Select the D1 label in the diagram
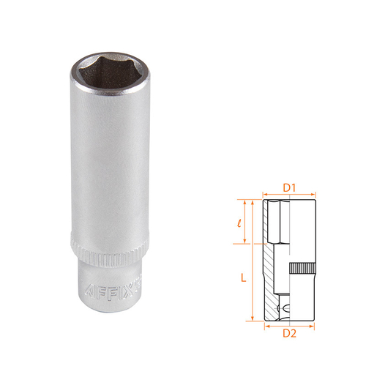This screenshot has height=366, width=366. pos(289,188)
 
